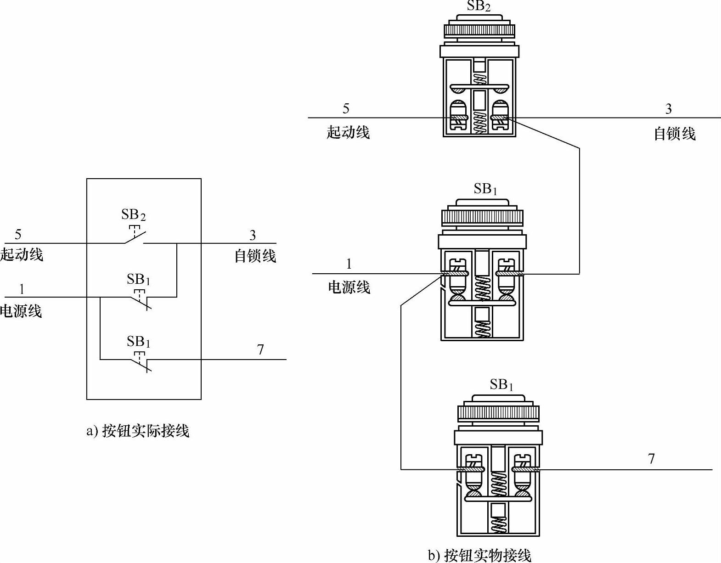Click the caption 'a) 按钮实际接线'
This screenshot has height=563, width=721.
tap(138, 431)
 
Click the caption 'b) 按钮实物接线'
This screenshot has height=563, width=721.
tap(479, 555)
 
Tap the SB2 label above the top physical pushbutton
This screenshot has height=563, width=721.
tap(479, 6)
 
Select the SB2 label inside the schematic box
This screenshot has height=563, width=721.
tap(133, 214)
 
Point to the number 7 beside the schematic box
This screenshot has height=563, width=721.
tap(260, 349)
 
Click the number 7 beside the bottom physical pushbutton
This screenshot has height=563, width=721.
tap(651, 458)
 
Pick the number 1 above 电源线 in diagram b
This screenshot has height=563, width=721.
tap(349, 264)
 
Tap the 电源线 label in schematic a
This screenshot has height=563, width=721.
tap(21, 311)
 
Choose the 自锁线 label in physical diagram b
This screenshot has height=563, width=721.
tap(674, 134)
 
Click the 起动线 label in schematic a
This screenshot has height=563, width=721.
tap(22, 254)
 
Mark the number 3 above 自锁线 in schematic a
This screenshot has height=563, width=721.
tap(253, 235)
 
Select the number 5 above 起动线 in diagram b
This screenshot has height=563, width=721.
tap(346, 108)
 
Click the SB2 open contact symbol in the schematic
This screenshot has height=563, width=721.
tap(135, 237)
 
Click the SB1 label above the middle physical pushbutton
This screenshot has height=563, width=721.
tap(485, 189)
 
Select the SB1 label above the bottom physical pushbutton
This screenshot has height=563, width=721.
tap(501, 384)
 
